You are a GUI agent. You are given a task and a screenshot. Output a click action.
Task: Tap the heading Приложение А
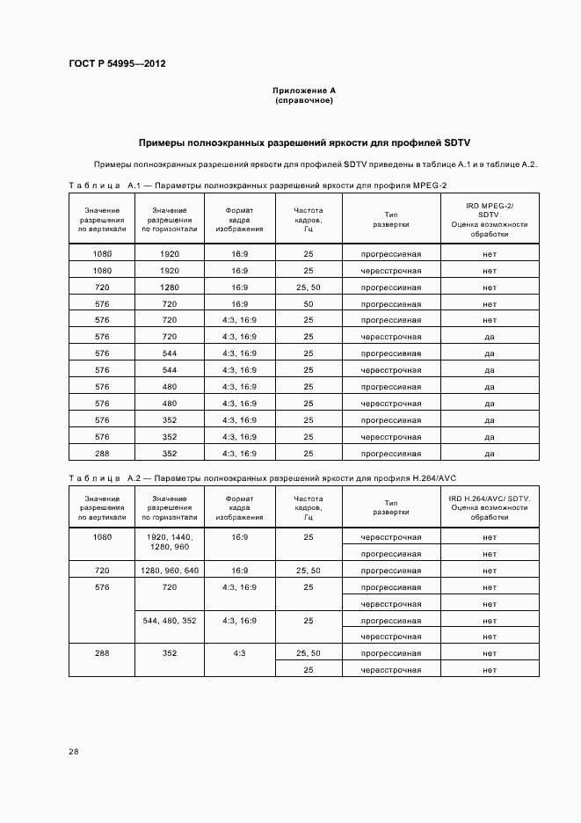click(304, 91)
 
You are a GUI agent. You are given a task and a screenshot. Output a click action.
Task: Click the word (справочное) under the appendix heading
click(304, 100)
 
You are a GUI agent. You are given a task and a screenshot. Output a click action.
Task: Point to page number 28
click(73, 751)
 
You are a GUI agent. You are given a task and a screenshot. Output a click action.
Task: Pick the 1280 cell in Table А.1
click(170, 287)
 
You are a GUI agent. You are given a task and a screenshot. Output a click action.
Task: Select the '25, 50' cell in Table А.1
click(309, 287)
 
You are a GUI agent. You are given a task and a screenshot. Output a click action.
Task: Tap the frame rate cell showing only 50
click(309, 303)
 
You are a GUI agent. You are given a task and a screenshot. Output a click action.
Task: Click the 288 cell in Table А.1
click(102, 453)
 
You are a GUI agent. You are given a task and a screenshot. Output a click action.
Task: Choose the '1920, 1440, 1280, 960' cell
click(170, 542)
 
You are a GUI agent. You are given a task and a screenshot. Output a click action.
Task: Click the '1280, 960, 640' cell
click(170, 570)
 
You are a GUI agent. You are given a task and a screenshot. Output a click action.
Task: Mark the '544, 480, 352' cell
click(170, 620)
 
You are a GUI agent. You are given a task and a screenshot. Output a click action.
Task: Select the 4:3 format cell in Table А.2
click(239, 653)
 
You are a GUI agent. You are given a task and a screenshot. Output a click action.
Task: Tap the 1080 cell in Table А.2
click(102, 536)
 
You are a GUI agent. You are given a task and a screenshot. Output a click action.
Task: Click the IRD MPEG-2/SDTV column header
click(490, 219)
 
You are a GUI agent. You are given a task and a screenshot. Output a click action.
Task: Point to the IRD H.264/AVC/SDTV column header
click(490, 506)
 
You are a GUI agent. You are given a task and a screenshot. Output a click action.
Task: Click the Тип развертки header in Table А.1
click(390, 219)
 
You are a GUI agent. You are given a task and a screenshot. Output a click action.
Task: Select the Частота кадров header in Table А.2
click(309, 506)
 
